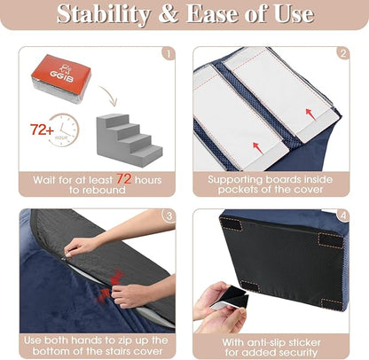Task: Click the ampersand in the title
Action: click(165, 15)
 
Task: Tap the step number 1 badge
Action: click(169, 53)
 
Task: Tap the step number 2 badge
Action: click(341, 53)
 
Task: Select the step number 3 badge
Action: click(169, 215)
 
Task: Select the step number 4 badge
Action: click(341, 215)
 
